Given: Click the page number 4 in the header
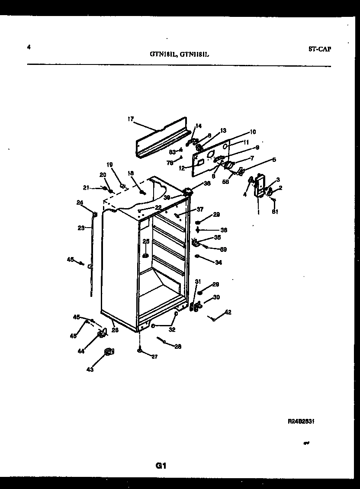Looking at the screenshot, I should tap(29, 48).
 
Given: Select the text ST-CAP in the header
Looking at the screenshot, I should tap(320, 49).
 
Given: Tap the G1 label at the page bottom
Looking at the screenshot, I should tap(161, 466).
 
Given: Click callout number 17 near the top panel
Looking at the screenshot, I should tap(131, 119).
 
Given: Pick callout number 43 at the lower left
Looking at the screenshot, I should tap(90, 369).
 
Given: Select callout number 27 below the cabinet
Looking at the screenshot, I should tap(154, 357).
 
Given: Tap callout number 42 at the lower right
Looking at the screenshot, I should tap(228, 312).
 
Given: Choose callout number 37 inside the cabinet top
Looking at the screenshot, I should tap(200, 209).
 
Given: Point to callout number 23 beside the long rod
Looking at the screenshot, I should tap(81, 228).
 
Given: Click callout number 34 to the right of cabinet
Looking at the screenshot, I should tap(219, 262).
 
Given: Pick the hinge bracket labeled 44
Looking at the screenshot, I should tap(103, 333).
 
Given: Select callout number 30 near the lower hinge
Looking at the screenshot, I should tap(216, 297).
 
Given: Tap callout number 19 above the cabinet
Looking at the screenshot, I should tap(109, 164).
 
